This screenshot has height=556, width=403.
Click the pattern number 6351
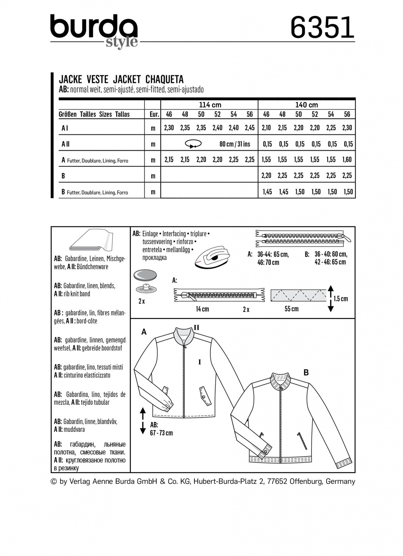point(322,27)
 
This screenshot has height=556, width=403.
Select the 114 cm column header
point(210,105)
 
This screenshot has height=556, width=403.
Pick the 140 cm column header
point(306,105)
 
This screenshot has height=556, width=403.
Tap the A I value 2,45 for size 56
point(250,128)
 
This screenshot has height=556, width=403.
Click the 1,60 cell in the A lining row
point(347,160)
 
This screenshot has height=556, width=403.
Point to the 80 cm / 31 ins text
point(234,144)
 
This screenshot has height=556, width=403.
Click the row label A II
point(65,144)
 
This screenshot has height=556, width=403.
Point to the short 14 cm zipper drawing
point(219,294)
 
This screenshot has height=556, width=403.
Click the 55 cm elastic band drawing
point(298,295)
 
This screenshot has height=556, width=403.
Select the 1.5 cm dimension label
point(341,299)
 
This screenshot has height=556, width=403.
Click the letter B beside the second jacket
point(306,372)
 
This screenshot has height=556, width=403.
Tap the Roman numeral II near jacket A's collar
point(196,328)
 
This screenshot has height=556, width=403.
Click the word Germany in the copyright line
point(340,481)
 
